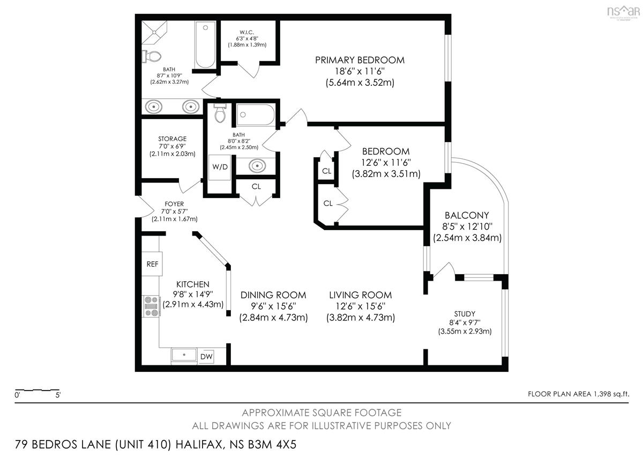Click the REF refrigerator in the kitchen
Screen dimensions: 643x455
pyautogui.click(x=152, y=264)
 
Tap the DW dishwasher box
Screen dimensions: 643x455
pyautogui.click(x=206, y=357)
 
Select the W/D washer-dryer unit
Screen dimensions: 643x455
pyautogui.click(x=220, y=167)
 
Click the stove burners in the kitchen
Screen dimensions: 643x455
pyautogui.click(x=152, y=306)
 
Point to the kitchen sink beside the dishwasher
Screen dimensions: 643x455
pyautogui.click(x=184, y=355)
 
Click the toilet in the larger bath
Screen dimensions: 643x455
pyautogui.click(x=152, y=56)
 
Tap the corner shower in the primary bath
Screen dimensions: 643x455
pyautogui.click(x=154, y=32)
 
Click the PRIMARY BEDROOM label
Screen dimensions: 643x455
pyautogui.click(x=360, y=60)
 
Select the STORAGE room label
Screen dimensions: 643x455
pyautogui.click(x=172, y=138)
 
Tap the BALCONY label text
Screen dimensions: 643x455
pyautogui.click(x=467, y=215)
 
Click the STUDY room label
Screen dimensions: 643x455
pyautogui.click(x=465, y=313)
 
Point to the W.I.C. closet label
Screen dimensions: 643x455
pyautogui.click(x=246, y=32)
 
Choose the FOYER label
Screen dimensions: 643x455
pyautogui.click(x=174, y=204)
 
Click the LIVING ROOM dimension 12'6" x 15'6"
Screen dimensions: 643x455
pyautogui.click(x=361, y=306)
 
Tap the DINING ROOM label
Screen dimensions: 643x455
pyautogui.click(x=273, y=295)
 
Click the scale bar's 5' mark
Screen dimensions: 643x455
pyautogui.click(x=58, y=395)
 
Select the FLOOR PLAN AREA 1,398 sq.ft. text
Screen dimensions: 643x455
pyautogui.click(x=578, y=394)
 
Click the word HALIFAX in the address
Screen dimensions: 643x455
pyautogui.click(x=199, y=444)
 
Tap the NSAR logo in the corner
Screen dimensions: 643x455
pyautogui.click(x=624, y=12)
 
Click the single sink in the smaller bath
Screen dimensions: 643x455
pyautogui.click(x=257, y=166)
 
